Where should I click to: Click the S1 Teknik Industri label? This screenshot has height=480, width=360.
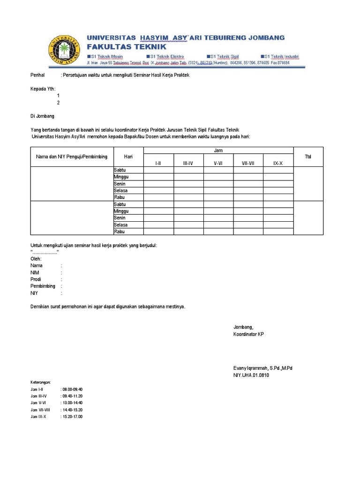[280, 57]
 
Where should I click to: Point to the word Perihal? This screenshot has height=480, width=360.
[37, 75]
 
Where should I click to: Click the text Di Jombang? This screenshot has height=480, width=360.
[42, 116]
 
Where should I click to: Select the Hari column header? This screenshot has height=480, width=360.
[128, 157]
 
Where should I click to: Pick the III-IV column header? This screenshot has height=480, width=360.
[188, 163]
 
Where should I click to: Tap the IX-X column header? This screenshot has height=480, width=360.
[278, 163]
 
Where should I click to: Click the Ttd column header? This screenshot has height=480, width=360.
[308, 157]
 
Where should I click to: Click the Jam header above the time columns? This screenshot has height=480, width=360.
[218, 150]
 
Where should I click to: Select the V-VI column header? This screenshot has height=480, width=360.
[218, 163]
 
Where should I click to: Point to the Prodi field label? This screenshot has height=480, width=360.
[36, 279]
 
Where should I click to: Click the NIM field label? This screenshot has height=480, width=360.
[35, 272]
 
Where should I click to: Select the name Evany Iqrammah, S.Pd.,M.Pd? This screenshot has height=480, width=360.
[263, 368]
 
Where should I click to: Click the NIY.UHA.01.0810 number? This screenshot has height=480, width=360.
[251, 375]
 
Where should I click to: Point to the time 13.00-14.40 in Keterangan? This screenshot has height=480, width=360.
[72, 403]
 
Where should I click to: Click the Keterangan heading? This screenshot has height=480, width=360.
[41, 382]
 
